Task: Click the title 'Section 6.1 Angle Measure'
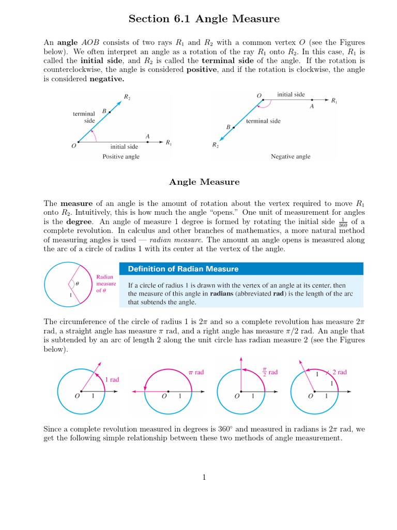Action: [204, 19]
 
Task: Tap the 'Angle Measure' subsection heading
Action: [204, 182]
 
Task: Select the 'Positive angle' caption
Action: [120, 157]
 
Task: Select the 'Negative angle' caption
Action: [291, 157]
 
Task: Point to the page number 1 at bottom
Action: [204, 478]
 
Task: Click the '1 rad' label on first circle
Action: [112, 379]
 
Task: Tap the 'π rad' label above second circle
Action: [195, 372]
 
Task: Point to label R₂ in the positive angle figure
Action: [127, 97]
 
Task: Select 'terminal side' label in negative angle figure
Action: [263, 121]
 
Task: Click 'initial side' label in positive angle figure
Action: [124, 146]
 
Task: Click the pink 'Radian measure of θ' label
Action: [106, 284]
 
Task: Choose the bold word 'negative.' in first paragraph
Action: [107, 80]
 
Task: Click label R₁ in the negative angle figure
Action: [334, 101]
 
